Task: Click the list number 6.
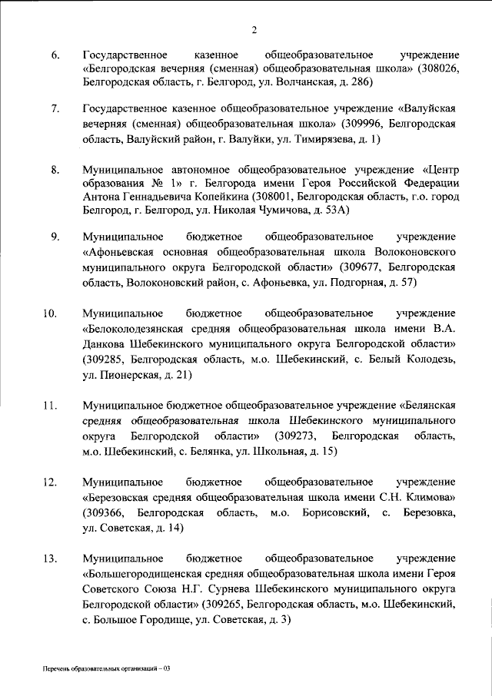(x=56, y=56)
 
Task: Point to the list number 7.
(x=56, y=108)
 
